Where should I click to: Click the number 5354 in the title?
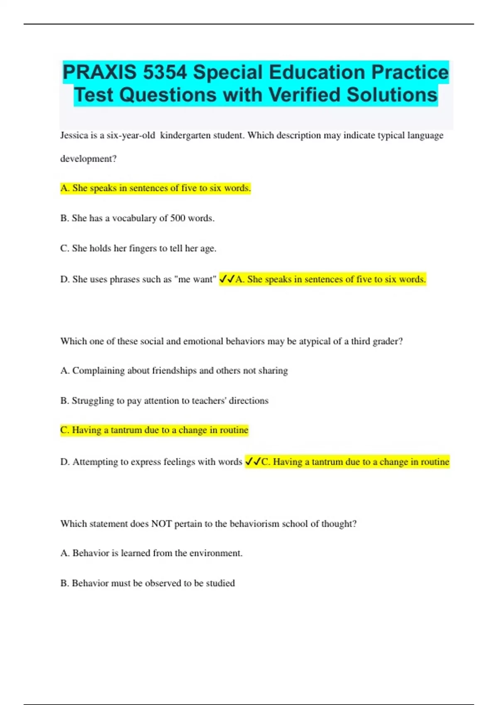(165, 73)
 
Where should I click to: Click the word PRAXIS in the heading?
(99, 73)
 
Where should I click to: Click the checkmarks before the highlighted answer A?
(227, 279)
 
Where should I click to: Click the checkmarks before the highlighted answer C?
(253, 462)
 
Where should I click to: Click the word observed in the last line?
(162, 583)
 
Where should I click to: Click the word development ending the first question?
(88, 159)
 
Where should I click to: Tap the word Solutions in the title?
(392, 95)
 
